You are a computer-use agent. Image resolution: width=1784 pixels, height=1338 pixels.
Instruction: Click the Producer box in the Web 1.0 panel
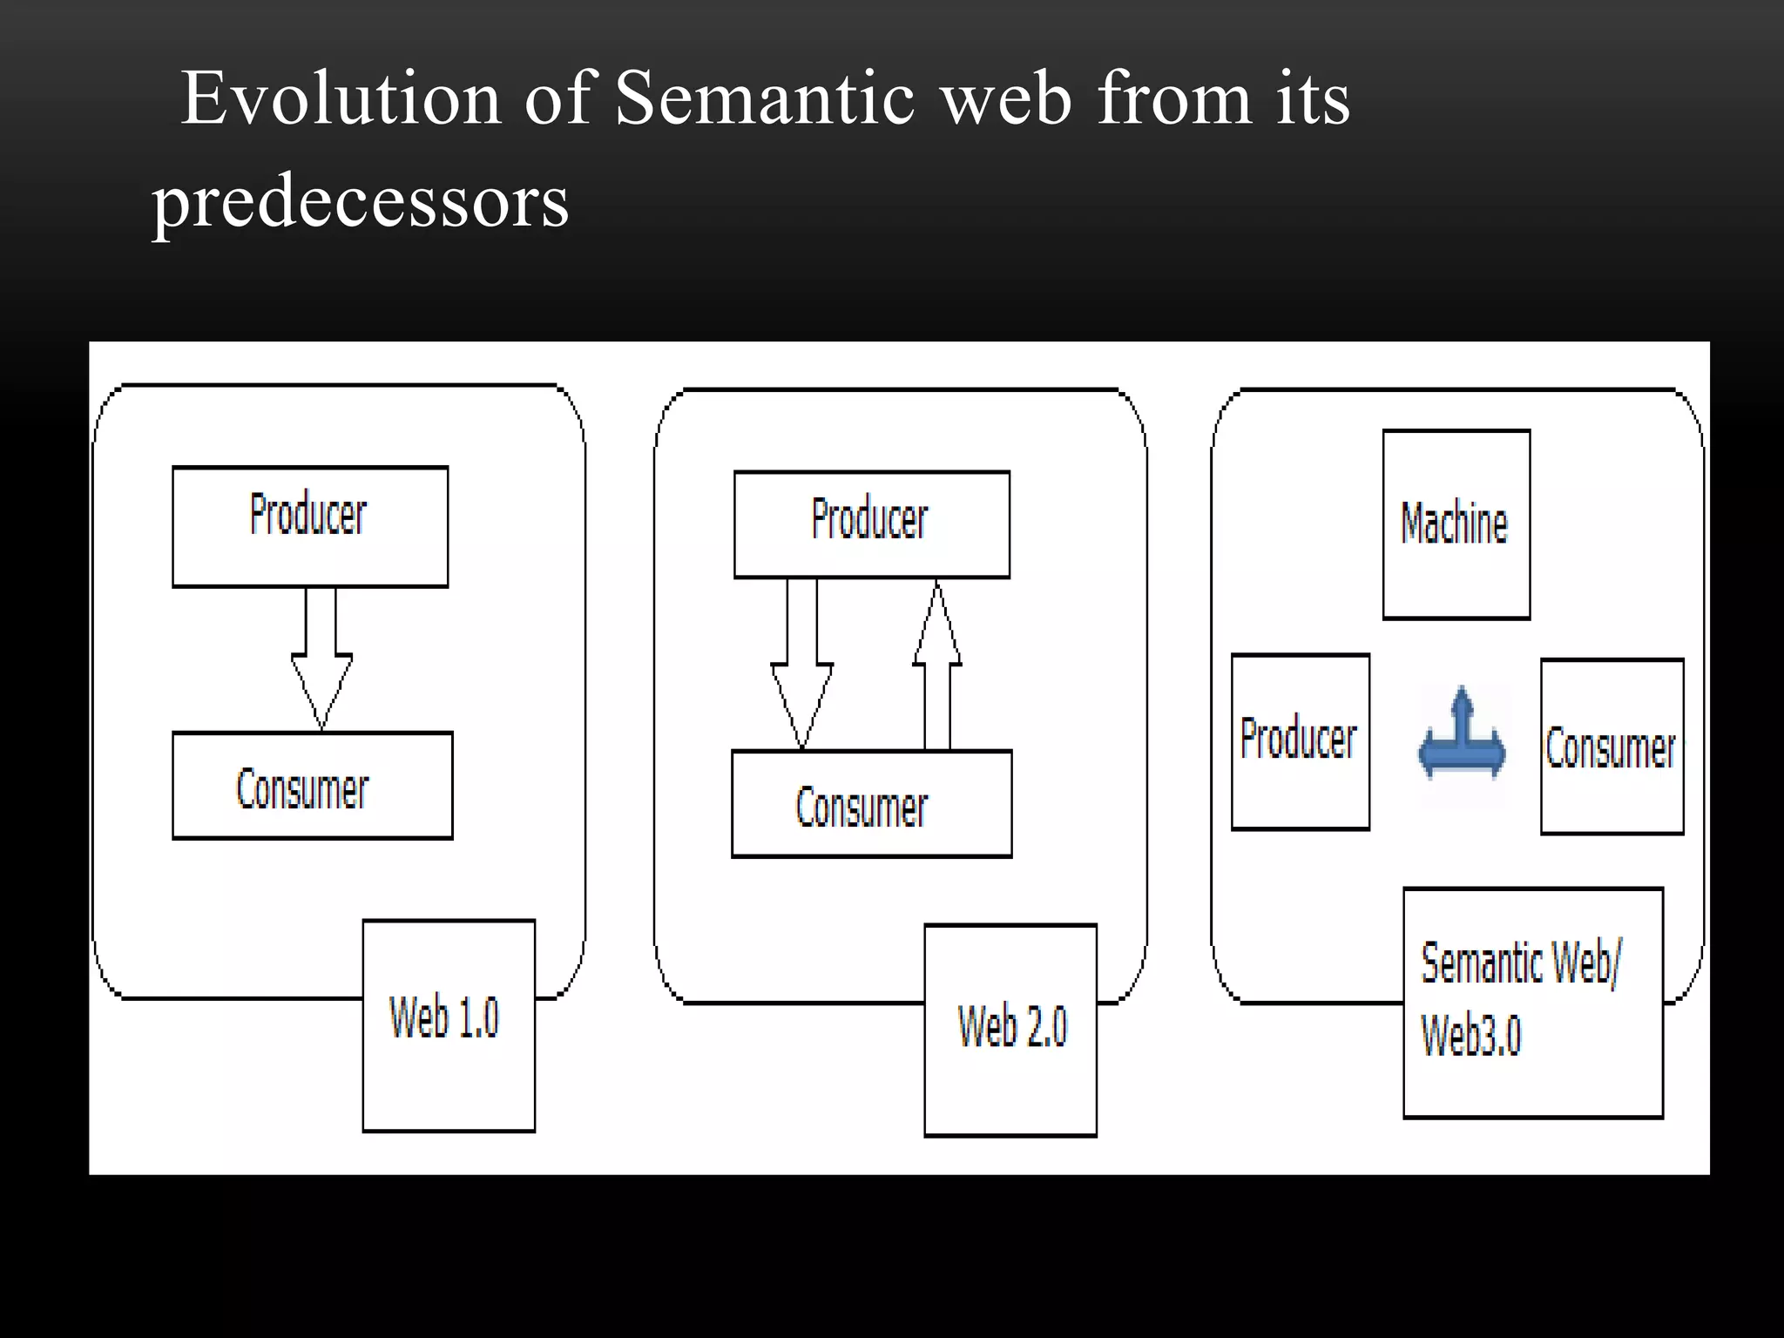tap(310, 526)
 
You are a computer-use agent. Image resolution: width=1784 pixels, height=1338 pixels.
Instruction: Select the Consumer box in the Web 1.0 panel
tap(312, 786)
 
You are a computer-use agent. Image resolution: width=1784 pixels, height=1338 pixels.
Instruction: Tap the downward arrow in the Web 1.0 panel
tap(321, 659)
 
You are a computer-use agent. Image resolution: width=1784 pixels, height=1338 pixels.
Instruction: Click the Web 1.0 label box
tap(449, 1025)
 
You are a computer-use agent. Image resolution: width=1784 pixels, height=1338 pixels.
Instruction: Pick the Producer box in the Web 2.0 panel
tap(872, 524)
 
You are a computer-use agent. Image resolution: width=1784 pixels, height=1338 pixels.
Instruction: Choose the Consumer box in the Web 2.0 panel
tap(872, 804)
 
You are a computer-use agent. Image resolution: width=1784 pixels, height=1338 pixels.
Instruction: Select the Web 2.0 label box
tap(1010, 1030)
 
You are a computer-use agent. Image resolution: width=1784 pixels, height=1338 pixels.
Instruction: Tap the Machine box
tap(1456, 524)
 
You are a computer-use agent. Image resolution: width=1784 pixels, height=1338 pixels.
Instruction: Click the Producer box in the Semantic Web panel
tap(1300, 741)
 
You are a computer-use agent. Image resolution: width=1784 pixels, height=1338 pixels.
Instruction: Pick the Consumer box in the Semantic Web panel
tap(1612, 747)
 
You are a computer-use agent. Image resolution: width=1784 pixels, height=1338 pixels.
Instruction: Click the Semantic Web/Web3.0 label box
tap(1533, 1003)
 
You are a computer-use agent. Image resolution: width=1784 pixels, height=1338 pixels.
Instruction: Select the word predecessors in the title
tap(361, 202)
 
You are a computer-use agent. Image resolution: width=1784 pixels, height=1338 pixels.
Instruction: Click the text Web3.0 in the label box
tap(1471, 1035)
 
